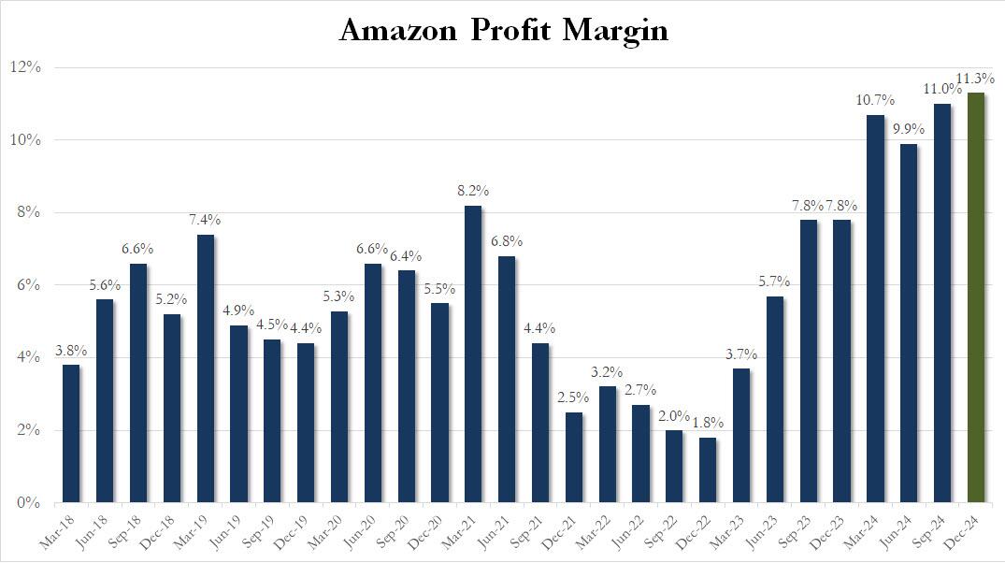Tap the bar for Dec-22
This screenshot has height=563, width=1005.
point(708,469)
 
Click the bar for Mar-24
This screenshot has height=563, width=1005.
point(876,309)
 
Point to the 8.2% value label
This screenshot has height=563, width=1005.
point(473,191)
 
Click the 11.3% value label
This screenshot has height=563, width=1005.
point(975,78)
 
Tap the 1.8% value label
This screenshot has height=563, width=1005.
point(708,423)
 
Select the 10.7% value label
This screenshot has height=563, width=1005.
point(875,100)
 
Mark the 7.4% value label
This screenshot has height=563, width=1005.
point(205,220)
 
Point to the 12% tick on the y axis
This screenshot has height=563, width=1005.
point(27,67)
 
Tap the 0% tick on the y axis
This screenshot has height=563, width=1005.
point(30,503)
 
